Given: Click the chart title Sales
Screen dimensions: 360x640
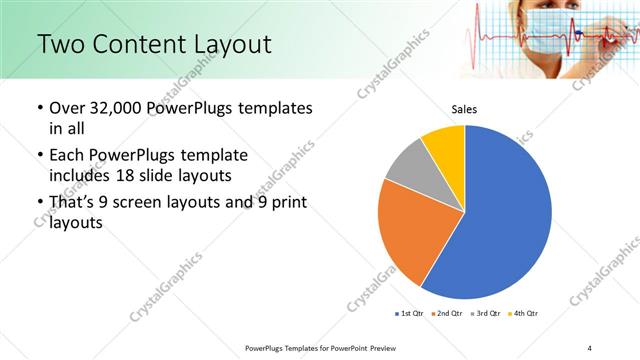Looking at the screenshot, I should point(464,109).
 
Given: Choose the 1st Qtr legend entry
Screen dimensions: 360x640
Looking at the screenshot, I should point(411,314).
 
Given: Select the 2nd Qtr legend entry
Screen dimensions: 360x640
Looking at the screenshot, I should point(446,314).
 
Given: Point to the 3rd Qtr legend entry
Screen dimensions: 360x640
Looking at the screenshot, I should point(483,314).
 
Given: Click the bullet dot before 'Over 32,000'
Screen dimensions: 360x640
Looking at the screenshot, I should point(39,108).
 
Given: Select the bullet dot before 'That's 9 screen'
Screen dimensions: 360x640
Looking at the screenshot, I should point(39,204).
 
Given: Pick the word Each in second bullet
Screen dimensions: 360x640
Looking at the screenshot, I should point(67,156).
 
